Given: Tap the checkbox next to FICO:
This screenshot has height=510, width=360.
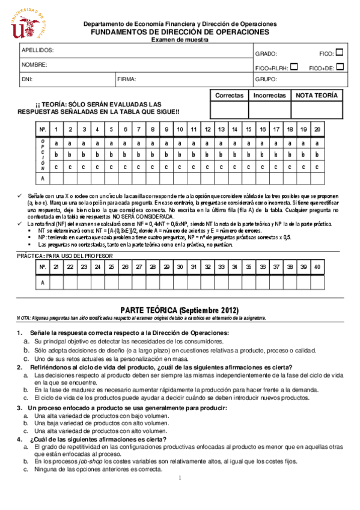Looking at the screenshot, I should click(340, 53).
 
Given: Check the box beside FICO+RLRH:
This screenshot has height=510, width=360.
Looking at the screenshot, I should click(294, 67).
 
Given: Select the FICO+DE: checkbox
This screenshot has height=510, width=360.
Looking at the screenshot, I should click(340, 67).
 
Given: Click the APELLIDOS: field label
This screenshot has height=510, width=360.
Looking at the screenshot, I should click(38, 50).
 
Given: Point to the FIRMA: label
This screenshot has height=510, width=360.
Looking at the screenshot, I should click(127, 79).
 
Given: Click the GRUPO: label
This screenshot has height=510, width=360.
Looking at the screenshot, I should click(266, 79).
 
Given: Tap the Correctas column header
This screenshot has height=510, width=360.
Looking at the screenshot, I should click(229, 96).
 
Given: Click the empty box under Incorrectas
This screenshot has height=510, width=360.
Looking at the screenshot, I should click(270, 110).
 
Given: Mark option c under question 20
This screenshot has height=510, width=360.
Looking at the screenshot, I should click(317, 167).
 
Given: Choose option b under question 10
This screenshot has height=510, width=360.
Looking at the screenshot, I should click(180, 155).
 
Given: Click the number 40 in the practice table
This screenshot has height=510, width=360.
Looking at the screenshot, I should click(317, 267).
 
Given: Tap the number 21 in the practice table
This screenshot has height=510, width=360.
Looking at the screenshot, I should click(56, 267).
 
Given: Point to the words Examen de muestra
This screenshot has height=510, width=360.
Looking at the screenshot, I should click(180, 39).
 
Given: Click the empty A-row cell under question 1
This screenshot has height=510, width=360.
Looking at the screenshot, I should click(56, 179).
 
